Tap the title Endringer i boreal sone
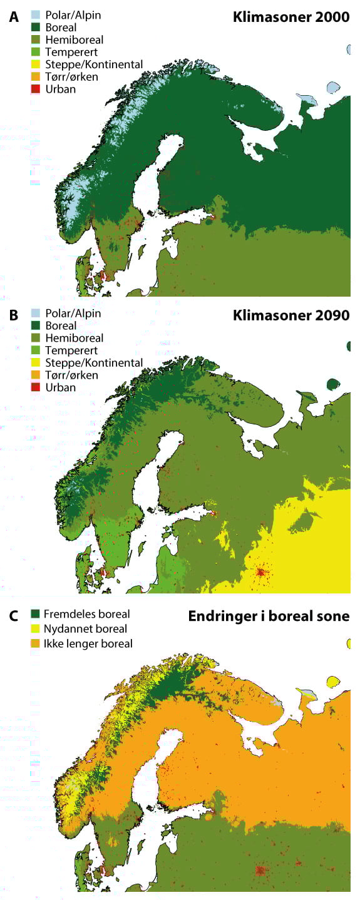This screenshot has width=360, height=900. click(x=269, y=616)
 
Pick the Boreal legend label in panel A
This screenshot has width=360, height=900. click(x=61, y=28)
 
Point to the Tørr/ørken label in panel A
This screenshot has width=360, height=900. click(x=72, y=77)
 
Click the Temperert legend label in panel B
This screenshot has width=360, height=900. click(x=70, y=350)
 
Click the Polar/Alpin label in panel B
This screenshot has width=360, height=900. click(x=73, y=313)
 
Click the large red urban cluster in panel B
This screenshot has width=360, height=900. click(x=260, y=571)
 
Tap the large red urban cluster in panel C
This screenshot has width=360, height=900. click(x=260, y=871)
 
